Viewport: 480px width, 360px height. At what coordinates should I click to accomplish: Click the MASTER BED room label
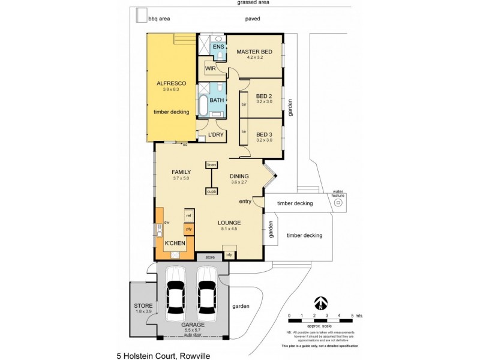254,52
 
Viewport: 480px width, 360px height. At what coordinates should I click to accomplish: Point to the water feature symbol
338,202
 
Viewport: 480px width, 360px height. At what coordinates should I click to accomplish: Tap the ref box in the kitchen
188,215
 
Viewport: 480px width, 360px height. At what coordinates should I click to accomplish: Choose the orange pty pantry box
188,229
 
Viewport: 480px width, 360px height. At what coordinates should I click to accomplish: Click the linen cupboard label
211,164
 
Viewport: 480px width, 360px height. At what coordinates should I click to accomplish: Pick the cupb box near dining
211,191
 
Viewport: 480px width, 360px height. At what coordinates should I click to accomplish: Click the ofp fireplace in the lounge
229,255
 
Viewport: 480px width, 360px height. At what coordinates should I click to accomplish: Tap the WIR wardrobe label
210,69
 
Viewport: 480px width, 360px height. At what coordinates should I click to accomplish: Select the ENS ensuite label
218,46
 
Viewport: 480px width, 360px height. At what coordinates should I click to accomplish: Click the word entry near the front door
245,201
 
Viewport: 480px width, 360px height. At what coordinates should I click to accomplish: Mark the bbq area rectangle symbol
141,15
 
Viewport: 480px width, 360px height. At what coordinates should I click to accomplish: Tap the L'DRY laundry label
216,134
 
